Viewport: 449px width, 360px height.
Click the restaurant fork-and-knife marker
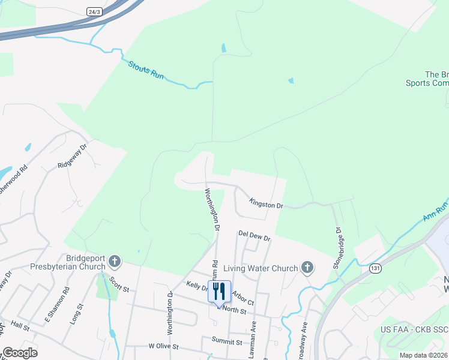click(219, 291)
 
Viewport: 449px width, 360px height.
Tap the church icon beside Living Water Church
click(307, 268)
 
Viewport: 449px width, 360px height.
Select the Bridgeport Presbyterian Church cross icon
click(114, 261)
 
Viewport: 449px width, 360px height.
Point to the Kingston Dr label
click(266, 205)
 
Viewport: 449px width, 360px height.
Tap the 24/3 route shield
click(94, 11)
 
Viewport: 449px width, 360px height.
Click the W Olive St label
click(164, 346)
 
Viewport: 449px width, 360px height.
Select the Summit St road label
click(226, 341)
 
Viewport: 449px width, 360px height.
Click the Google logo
click(20, 353)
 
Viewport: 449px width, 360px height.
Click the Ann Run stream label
click(436, 212)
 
